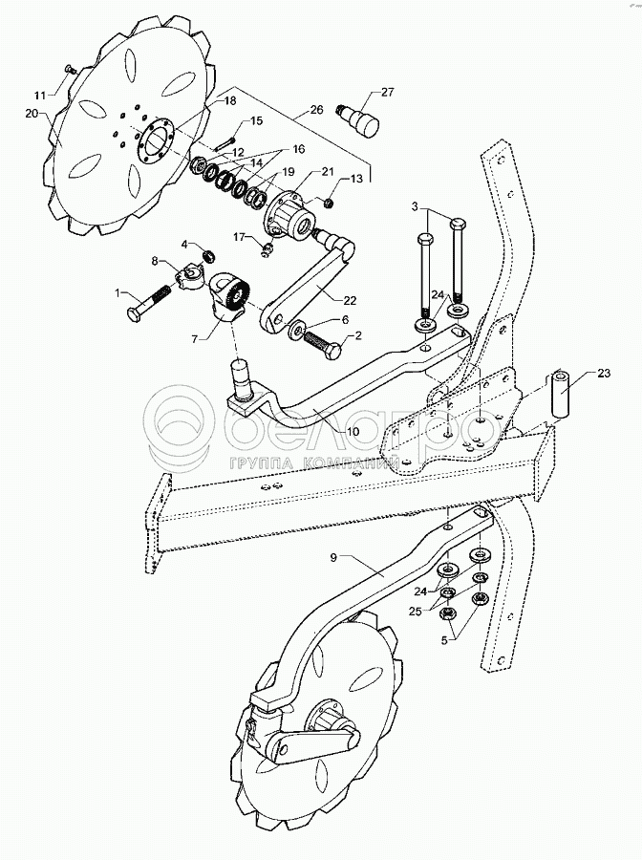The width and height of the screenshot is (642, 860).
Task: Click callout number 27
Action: tap(387, 92)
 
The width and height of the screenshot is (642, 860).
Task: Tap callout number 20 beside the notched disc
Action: tap(31, 114)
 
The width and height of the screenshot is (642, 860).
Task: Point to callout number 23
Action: tap(603, 374)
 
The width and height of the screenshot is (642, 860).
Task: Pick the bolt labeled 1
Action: tap(150, 301)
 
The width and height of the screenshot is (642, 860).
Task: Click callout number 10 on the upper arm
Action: tap(353, 432)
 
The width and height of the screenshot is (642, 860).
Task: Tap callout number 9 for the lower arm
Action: tap(333, 558)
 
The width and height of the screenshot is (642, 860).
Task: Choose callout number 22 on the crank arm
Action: tap(350, 301)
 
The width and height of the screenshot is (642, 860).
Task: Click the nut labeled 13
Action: tap(330, 204)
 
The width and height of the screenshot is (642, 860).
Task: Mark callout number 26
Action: tap(316, 109)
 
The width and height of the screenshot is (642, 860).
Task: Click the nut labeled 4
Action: tap(207, 255)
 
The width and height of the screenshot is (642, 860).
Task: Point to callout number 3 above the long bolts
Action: tap(415, 206)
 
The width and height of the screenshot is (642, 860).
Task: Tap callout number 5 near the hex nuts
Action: tap(444, 638)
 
